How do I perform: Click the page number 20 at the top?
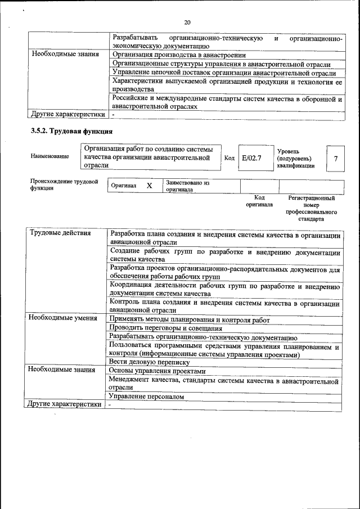point(187,22)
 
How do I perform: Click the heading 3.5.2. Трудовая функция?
point(71,131)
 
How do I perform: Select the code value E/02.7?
point(251,158)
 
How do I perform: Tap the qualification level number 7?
point(335,159)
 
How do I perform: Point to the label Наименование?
point(50,156)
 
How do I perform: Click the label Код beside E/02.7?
point(229,158)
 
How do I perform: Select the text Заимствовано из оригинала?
point(187,186)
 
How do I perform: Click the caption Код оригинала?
point(259,201)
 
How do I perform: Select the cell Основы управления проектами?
point(157,371)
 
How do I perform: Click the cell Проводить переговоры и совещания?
point(165,328)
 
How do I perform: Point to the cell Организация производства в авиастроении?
point(179,55)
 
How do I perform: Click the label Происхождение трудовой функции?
point(64,185)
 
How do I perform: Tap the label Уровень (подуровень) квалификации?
point(296,159)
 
